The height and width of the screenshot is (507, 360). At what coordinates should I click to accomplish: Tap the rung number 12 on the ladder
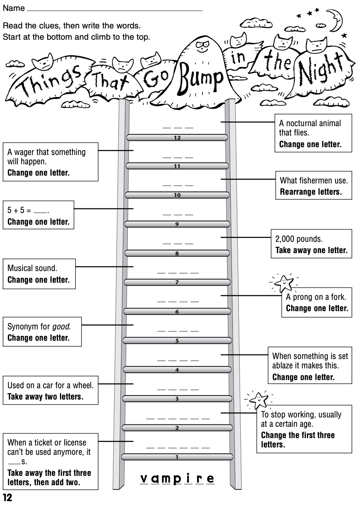(x=177, y=137)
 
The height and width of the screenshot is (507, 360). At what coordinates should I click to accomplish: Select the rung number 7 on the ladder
(x=177, y=282)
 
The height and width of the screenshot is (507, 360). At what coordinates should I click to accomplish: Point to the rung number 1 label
(x=177, y=457)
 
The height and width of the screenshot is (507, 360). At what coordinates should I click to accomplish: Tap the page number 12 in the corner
(x=7, y=498)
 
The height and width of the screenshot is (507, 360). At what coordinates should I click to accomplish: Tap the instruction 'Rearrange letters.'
(x=311, y=192)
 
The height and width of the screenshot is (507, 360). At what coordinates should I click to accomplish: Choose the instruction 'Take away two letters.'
(x=46, y=397)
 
